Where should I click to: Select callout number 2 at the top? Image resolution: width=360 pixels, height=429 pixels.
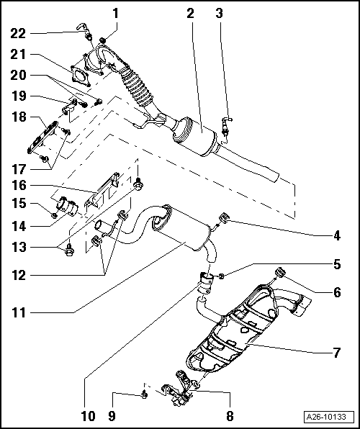point(190,12)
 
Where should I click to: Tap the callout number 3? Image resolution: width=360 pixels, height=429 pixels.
point(220,12)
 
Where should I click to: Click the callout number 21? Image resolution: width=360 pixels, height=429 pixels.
point(18,55)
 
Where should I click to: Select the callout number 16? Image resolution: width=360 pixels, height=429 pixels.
point(18,186)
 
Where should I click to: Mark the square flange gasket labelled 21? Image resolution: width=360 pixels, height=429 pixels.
point(84,78)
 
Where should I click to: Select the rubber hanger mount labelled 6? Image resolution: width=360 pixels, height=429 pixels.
point(280,272)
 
